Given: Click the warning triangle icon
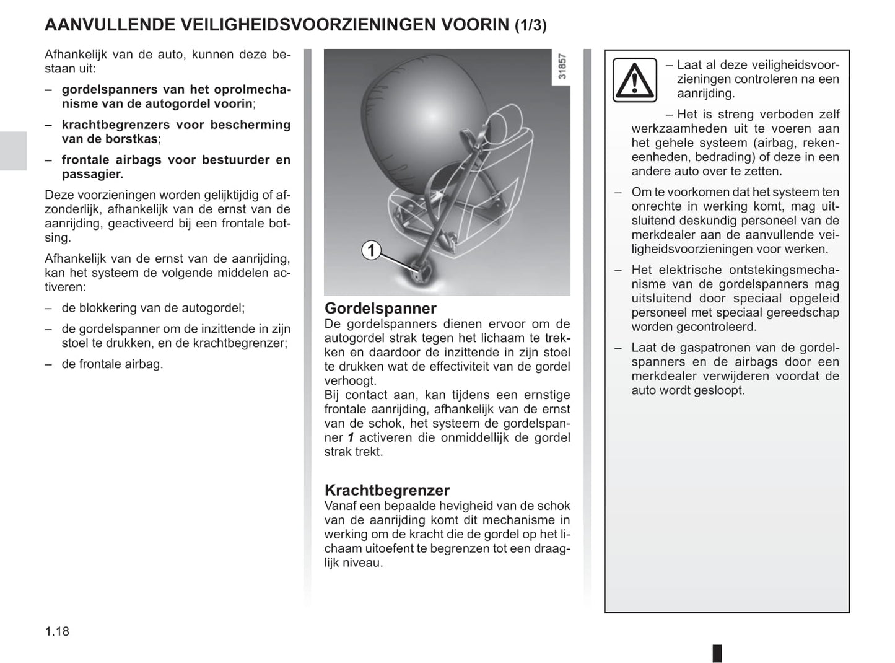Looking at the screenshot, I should pyautogui.click(x=634, y=80).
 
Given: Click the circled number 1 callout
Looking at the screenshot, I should pyautogui.click(x=371, y=250).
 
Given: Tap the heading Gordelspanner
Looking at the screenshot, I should pyautogui.click(x=380, y=308).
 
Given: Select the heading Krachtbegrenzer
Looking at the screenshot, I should pyautogui.click(x=387, y=490).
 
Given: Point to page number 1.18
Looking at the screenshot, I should pyautogui.click(x=57, y=631).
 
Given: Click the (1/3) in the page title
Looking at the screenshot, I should pyautogui.click(x=530, y=25).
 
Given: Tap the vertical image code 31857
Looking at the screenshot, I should pyautogui.click(x=562, y=66).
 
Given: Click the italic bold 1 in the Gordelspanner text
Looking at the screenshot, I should pyautogui.click(x=351, y=437).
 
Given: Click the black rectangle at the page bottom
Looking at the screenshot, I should pyautogui.click(x=717, y=653).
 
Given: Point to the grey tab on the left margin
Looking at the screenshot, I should pyautogui.click(x=13, y=151).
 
